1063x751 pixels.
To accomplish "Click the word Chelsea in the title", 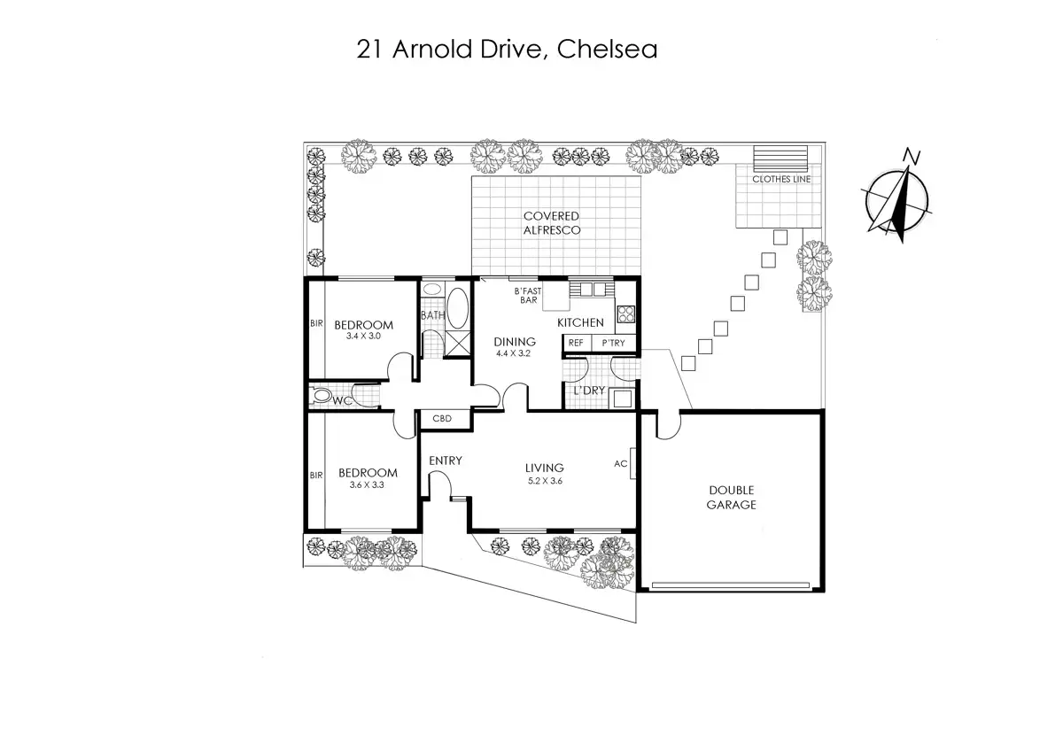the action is tap(607, 50).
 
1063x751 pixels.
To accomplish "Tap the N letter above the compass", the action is tap(912, 156).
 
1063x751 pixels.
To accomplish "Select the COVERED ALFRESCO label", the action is tap(551, 223).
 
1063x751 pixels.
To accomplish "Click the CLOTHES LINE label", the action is tap(781, 179).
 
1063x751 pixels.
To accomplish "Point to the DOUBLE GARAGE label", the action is tap(731, 497).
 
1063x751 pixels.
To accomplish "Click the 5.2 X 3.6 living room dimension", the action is tap(545, 481).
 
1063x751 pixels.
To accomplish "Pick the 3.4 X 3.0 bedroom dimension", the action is tap(363, 336).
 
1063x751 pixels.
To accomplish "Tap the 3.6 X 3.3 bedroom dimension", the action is tap(367, 484).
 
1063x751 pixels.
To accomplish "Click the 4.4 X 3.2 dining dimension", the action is tap(513, 353).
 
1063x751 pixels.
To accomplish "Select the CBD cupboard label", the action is tap(442, 419).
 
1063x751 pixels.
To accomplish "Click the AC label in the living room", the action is tap(620, 464).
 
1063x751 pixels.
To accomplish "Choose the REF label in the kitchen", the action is tap(576, 343).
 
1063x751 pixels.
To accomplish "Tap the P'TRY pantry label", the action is tap(613, 343).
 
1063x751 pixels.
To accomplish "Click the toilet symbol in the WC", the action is tap(321, 397).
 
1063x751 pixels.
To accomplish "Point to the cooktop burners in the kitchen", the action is tap(625, 314).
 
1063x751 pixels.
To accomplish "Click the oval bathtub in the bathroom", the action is tap(457, 308).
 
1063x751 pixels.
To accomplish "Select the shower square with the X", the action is tap(457, 344).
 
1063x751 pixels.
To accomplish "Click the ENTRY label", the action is tap(445, 461).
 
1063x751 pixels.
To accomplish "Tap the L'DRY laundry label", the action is tap(589, 391).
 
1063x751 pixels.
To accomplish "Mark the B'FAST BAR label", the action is tap(528, 296).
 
